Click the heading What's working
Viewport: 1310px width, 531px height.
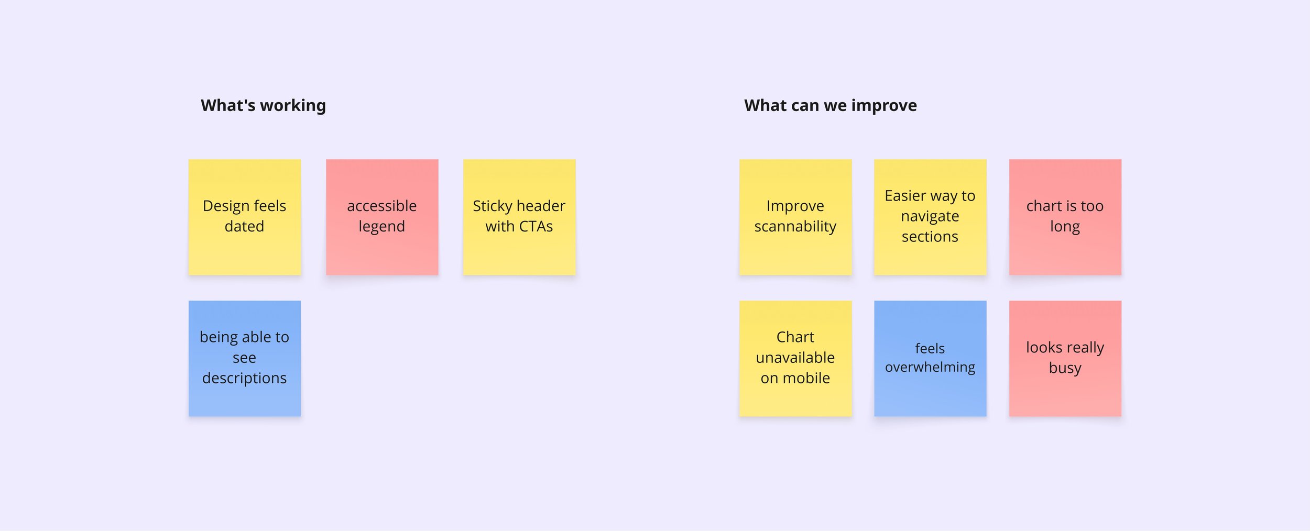(263, 105)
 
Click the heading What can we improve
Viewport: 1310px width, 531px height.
(830, 105)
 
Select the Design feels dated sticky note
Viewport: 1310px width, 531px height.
(244, 217)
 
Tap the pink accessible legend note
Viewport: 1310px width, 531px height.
(382, 217)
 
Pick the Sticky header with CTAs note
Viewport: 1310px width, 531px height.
(519, 217)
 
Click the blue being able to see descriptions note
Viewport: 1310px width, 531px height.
(244, 358)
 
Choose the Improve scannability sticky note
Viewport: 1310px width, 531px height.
(795, 217)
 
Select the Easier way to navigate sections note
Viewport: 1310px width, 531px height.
(930, 217)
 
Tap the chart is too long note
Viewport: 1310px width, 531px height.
(1065, 217)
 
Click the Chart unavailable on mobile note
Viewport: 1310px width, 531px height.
(795, 358)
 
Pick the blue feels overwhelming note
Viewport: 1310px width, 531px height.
(930, 358)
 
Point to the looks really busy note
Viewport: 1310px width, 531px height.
(1065, 358)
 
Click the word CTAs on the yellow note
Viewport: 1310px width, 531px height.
(536, 226)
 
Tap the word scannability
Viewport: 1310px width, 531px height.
(795, 226)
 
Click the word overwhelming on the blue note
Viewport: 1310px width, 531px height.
(930, 367)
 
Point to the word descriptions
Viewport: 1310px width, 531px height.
(244, 378)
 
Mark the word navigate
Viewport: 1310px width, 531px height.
(930, 216)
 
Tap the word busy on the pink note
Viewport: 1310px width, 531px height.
(1065, 368)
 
